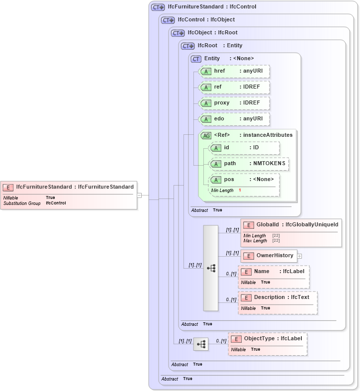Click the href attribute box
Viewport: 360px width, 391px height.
[234, 71]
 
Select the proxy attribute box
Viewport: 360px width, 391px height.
[234, 103]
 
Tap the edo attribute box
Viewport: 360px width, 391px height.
[234, 119]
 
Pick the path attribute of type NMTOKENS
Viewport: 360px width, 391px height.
[249, 164]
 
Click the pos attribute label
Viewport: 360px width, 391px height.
[229, 180]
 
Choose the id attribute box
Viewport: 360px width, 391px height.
[244, 148]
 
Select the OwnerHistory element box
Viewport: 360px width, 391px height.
[269, 256]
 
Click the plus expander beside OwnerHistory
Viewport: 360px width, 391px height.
[299, 256]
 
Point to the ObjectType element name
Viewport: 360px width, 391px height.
[259, 339]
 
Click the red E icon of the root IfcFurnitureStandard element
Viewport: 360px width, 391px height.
[8, 187]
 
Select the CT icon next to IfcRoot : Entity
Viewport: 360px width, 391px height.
[187, 46]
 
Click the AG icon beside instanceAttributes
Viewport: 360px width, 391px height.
[205, 135]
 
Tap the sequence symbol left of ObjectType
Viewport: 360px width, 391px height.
[201, 344]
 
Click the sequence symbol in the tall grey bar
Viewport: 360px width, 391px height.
[211, 268]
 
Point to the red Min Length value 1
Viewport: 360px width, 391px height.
[240, 191]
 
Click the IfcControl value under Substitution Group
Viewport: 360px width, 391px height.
[56, 203]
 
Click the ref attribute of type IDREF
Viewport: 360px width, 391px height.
[234, 87]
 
